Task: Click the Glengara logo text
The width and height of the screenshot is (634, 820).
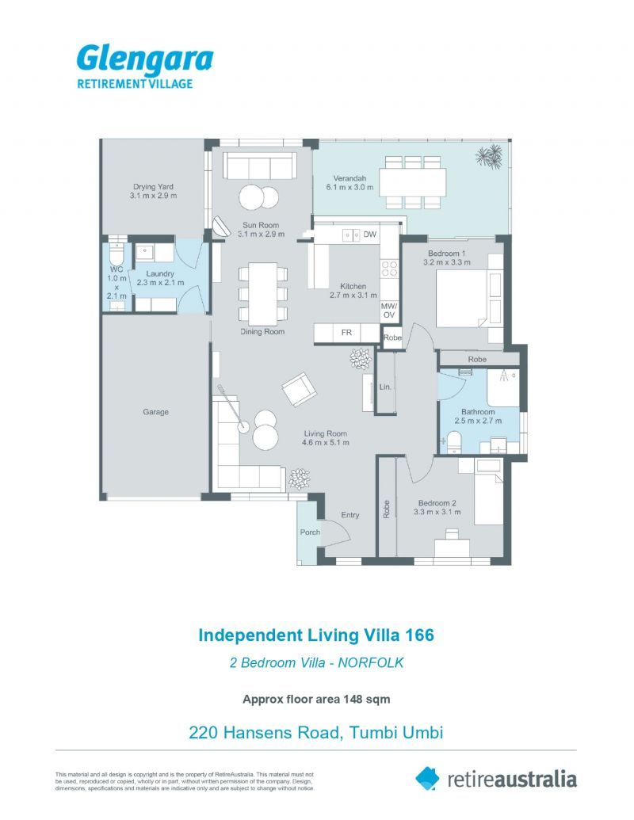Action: pyautogui.click(x=144, y=59)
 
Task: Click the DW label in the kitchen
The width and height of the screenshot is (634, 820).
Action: pyautogui.click(x=369, y=235)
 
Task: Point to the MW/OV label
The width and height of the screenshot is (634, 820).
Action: pyautogui.click(x=388, y=310)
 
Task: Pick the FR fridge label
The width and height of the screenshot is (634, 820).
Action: pyautogui.click(x=346, y=333)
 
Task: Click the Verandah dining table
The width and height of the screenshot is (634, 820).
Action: pyautogui.click(x=412, y=183)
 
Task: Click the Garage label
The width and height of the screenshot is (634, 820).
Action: pyautogui.click(x=155, y=412)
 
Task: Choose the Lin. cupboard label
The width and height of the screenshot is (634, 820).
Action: pyautogui.click(x=386, y=387)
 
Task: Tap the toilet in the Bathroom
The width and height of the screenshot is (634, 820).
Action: pyautogui.click(x=455, y=441)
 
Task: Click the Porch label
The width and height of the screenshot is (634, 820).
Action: pyautogui.click(x=310, y=532)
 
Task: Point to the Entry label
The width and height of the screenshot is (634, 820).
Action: pyautogui.click(x=350, y=515)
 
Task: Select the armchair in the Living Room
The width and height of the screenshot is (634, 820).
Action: pyautogui.click(x=299, y=389)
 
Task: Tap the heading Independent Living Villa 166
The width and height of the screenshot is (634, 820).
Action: pyautogui.click(x=316, y=635)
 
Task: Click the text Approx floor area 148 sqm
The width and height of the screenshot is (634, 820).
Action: pyautogui.click(x=316, y=699)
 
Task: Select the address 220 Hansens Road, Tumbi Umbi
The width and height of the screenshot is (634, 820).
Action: pyautogui.click(x=315, y=732)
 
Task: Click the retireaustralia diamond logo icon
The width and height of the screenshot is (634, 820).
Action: pyautogui.click(x=427, y=778)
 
